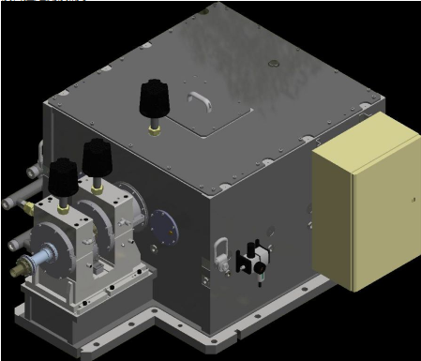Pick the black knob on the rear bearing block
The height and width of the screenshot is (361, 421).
pyautogui.click(x=97, y=156)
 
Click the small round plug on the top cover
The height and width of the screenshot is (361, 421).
pyautogui.click(x=273, y=64)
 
